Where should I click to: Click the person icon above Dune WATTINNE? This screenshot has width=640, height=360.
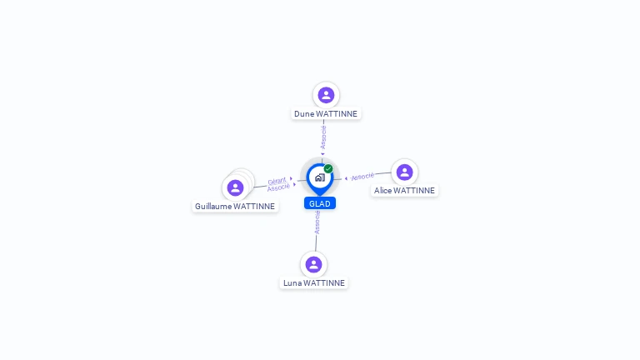coord(326,95)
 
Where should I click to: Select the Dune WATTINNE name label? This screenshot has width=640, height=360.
coord(326,114)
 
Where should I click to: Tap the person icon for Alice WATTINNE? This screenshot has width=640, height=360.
coord(404,172)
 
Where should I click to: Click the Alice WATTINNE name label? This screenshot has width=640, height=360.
coord(404,191)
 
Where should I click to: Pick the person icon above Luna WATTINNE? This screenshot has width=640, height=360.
coord(313,264)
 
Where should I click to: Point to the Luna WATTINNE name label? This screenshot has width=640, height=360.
coord(314,282)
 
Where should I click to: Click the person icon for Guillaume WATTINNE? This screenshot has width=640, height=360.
coord(235,187)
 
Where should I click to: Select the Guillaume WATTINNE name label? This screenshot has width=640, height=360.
coord(235,206)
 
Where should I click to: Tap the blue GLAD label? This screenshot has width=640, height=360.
coord(320,203)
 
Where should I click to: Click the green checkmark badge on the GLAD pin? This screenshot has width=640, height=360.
coord(328,168)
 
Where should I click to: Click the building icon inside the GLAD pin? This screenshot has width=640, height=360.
coord(320,177)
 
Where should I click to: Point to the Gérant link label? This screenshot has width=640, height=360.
coord(277,181)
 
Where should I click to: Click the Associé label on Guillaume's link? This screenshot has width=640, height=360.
coord(278,187)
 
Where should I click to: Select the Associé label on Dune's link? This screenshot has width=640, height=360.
coord(323,137)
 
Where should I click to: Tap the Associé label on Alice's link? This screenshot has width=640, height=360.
coord(362,177)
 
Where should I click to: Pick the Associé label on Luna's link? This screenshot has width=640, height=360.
coord(317,222)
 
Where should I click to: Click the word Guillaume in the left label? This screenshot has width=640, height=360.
coord(213,206)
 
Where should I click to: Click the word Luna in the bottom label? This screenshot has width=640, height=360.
coord(292,282)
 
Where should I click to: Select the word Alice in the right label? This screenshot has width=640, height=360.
coord(382,191)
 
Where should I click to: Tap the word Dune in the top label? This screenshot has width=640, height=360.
coord(304,114)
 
